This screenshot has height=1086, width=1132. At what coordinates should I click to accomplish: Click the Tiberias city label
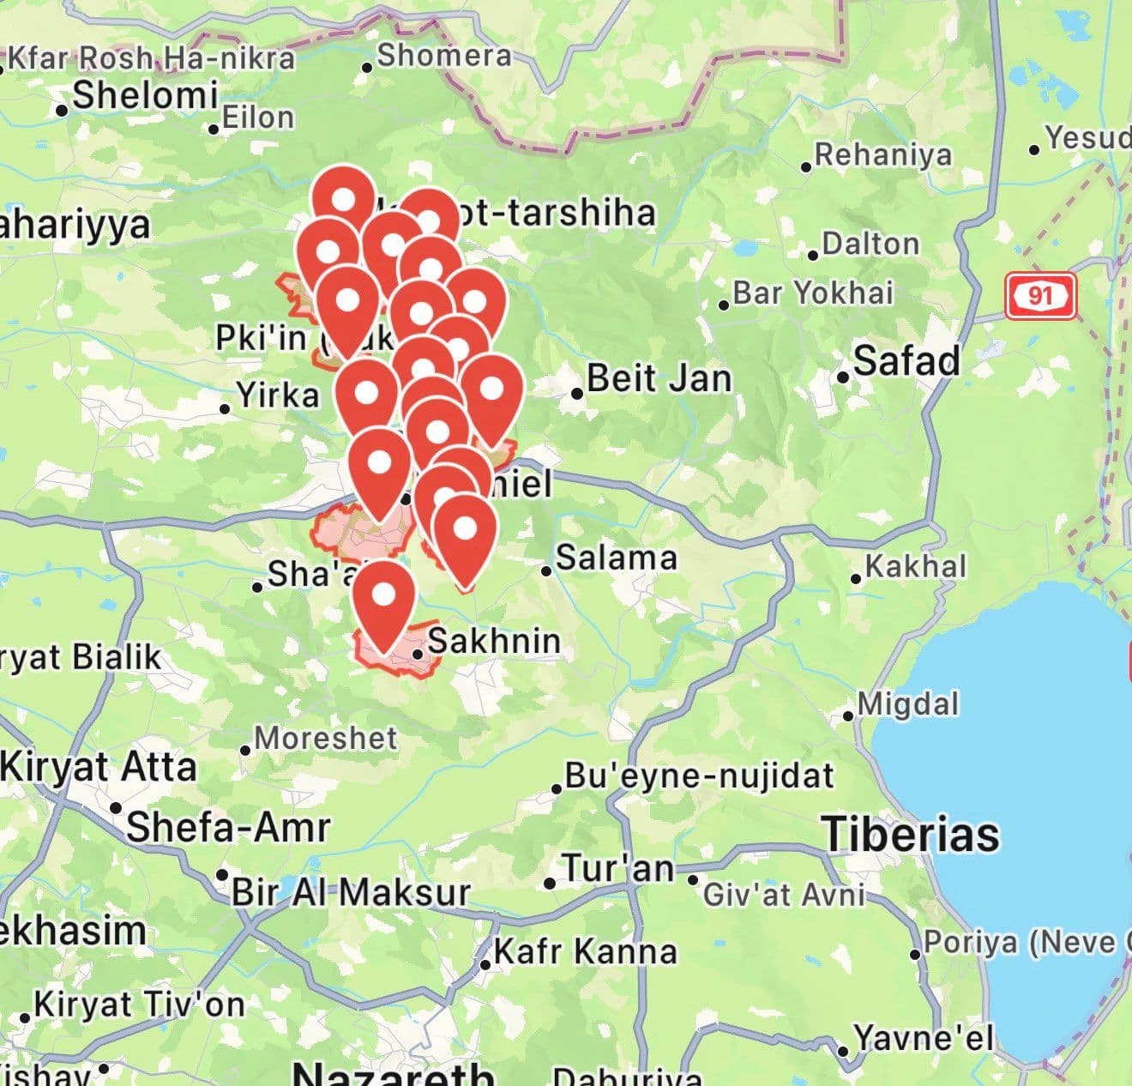(x=911, y=835)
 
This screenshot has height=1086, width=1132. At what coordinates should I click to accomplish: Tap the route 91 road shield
(x=1040, y=296)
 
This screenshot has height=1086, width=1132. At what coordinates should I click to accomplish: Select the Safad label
(x=906, y=360)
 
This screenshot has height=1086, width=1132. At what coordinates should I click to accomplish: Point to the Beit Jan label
(x=659, y=378)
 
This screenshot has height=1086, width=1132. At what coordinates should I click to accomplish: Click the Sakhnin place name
(x=494, y=640)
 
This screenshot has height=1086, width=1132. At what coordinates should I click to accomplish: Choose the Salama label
(x=617, y=558)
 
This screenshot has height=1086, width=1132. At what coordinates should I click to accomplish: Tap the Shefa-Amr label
(x=228, y=827)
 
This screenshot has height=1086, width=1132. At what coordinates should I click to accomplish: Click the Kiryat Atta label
(x=99, y=766)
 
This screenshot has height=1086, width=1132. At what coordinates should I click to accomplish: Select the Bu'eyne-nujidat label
(x=699, y=775)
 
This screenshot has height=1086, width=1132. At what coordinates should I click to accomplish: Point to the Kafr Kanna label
(x=586, y=951)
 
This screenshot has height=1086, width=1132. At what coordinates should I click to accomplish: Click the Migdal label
(x=908, y=704)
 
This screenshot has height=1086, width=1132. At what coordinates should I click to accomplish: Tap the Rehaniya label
(x=883, y=154)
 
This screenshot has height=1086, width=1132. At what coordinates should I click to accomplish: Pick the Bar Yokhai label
(x=813, y=293)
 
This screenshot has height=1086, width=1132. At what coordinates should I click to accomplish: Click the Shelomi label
(x=145, y=95)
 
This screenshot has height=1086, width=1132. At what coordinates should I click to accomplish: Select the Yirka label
(x=278, y=395)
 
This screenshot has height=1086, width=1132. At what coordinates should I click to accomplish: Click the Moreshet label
(x=326, y=738)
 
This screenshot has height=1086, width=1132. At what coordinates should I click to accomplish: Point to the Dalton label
(x=870, y=244)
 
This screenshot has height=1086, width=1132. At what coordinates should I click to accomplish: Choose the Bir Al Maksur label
(x=351, y=892)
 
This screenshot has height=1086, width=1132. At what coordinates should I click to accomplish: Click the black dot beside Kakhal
(x=856, y=579)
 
